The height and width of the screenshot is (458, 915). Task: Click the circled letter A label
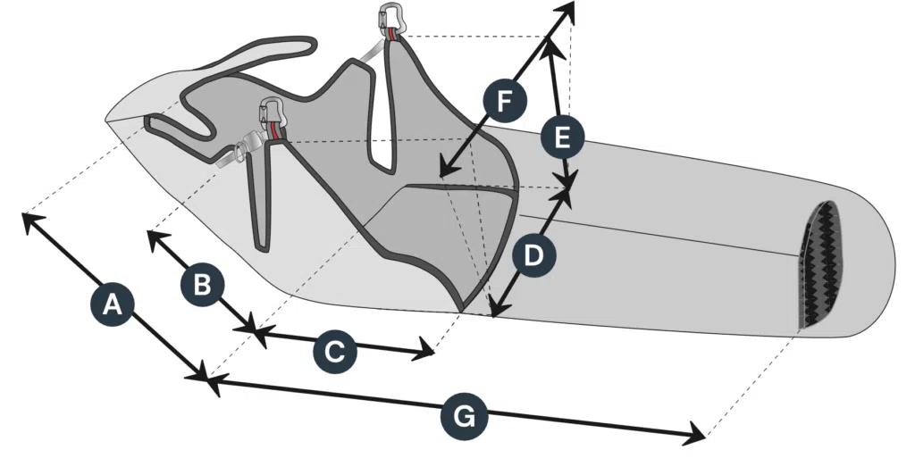(112, 304)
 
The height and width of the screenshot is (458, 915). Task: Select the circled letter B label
(202, 285)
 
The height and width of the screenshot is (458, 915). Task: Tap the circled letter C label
(334, 352)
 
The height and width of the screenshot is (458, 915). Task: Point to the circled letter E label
(562, 138)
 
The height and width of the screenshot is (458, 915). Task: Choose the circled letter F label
(504, 101)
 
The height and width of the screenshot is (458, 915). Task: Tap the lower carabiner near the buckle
(272, 112)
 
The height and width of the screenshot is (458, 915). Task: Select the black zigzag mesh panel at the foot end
(820, 265)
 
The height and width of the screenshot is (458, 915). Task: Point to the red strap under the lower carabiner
(273, 131)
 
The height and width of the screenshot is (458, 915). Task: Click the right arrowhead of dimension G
(700, 436)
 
